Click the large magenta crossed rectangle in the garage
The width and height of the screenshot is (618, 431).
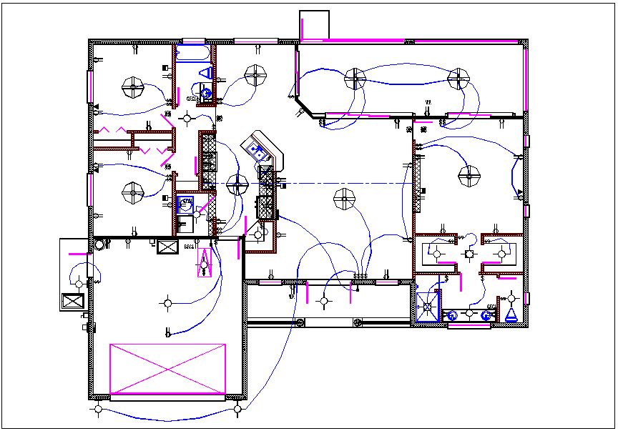[x=167, y=369]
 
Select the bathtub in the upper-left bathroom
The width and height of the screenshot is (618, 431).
[x=192, y=53]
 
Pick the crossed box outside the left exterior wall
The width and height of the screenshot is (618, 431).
[x=73, y=300]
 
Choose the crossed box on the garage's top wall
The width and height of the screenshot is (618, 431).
[x=167, y=247]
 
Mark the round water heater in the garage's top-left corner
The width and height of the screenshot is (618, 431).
[x=98, y=244]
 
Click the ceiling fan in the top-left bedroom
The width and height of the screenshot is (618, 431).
[x=133, y=88]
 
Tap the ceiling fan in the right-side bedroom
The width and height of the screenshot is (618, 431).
[x=469, y=174]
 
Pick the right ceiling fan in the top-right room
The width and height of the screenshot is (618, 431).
[x=458, y=79]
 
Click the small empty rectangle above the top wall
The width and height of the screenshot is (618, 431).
[x=313, y=25]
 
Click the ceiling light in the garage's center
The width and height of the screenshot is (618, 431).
[x=167, y=303]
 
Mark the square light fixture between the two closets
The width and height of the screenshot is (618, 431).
[x=469, y=253]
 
